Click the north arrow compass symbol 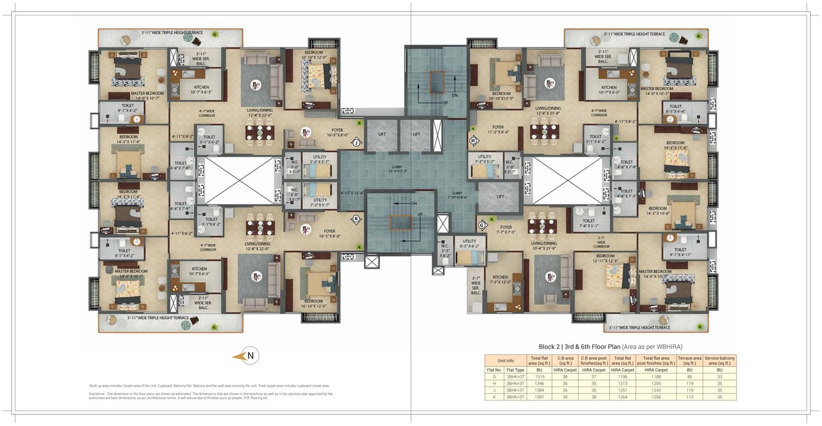[x=250, y=355]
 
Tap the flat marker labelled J [x=356, y=143]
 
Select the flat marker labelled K [x=356, y=218]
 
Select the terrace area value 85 [x=689, y=376]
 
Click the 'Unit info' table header [x=505, y=360]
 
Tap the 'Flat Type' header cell [x=515, y=369]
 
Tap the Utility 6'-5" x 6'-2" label [x=469, y=243]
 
